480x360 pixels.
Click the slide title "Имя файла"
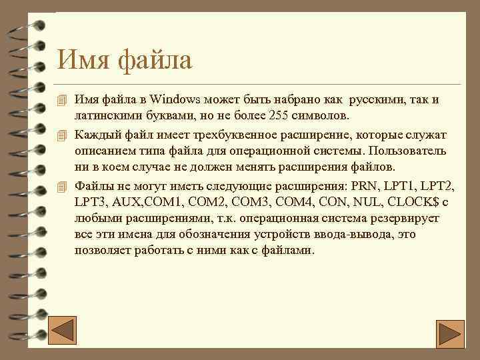click(x=125, y=60)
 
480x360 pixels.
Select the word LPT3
click(x=90, y=201)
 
